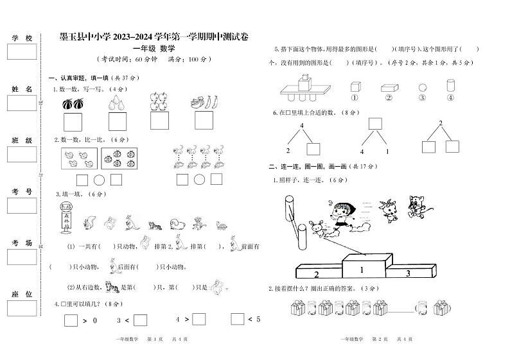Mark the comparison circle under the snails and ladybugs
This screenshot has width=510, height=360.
[100, 180]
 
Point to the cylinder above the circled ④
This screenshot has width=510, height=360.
[450, 85]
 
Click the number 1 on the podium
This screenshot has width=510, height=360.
[362, 270]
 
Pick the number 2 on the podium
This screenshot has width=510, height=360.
[316, 275]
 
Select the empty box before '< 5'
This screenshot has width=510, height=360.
[238, 319]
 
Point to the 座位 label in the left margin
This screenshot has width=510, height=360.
[21, 293]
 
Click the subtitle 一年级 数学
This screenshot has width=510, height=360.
[154, 48]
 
